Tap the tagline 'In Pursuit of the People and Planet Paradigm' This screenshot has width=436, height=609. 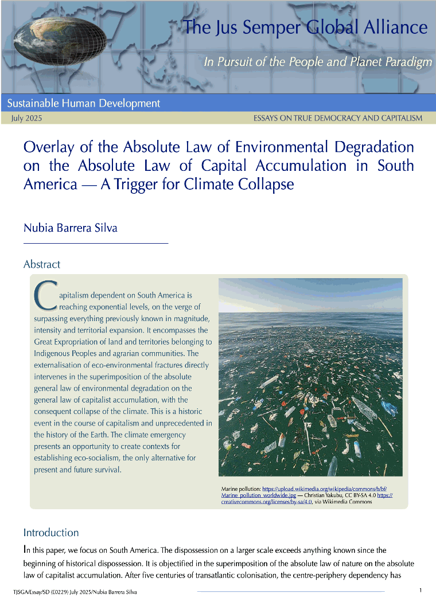tap(318, 62)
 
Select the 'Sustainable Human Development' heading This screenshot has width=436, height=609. tap(84, 104)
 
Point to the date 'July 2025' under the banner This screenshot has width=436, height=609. tap(26, 118)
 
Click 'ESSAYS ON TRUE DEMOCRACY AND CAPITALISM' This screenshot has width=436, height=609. tap(337, 118)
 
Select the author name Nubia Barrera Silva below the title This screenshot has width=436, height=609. tap(71, 228)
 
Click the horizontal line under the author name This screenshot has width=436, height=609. tap(95, 244)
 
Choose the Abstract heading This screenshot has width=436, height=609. tap(42, 264)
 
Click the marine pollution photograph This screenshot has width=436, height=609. tap(310, 377)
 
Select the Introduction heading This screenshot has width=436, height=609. tap(51, 533)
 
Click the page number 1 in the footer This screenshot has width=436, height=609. tap(421, 591)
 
